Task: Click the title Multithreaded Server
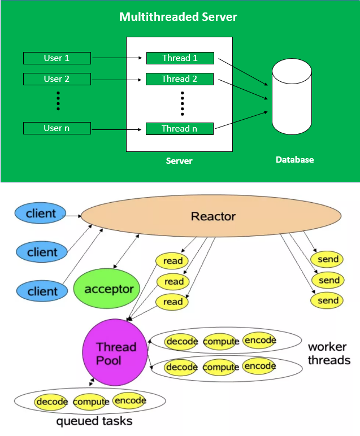[178, 17]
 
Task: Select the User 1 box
[57, 58]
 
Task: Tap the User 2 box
[57, 79]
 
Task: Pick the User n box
[57, 128]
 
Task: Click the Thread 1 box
[180, 58]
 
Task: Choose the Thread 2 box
[180, 79]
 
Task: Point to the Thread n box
[180, 129]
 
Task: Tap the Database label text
[294, 160]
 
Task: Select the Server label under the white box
[179, 161]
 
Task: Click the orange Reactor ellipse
[212, 217]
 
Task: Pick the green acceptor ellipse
[109, 290]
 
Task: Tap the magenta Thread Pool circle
[115, 353]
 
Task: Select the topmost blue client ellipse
[41, 213]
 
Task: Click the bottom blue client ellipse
[42, 291]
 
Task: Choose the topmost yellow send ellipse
[328, 259]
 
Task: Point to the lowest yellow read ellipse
[173, 302]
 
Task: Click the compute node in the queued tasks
[90, 402]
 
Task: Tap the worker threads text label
[328, 354]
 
